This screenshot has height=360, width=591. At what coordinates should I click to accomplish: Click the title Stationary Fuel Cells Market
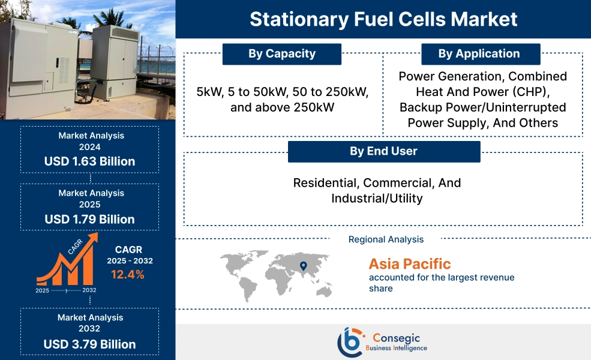tap(383, 19)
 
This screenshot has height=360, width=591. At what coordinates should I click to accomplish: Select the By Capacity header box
tap(281, 54)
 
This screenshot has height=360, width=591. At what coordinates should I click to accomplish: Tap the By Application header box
tap(479, 54)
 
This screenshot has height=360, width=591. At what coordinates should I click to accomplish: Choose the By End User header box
tap(383, 151)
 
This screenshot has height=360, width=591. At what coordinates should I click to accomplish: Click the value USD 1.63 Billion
tap(89, 161)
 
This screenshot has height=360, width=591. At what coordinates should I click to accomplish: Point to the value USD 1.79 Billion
tap(89, 219)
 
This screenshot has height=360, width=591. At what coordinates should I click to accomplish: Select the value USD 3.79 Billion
tap(89, 344)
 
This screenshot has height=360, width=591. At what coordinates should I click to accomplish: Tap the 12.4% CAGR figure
tap(127, 275)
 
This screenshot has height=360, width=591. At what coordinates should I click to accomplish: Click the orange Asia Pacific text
tap(409, 264)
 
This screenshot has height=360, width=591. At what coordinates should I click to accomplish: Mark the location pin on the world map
tap(303, 266)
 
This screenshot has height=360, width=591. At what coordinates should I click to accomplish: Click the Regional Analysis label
tap(386, 239)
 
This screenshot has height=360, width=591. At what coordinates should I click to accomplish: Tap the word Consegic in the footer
tap(394, 337)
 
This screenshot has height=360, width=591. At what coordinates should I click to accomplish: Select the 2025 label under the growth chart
tap(43, 290)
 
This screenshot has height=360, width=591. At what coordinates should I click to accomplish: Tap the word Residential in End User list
tap(325, 183)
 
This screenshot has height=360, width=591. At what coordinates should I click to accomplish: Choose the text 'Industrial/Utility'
tap(377, 199)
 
